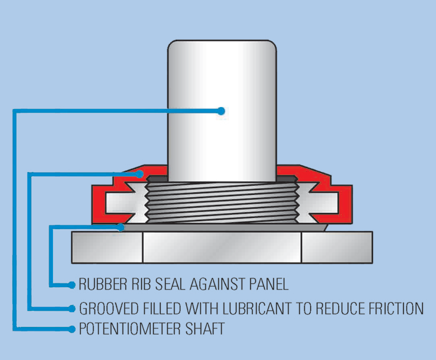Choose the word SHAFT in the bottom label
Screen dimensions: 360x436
204,329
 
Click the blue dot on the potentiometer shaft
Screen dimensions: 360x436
221,111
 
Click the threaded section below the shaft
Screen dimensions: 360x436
222,202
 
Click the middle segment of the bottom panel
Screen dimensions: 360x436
222,247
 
